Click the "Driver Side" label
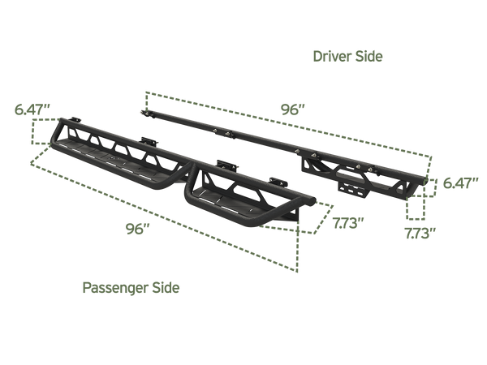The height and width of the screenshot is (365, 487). tap(347, 56)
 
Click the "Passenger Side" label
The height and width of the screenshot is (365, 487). tap(131, 287)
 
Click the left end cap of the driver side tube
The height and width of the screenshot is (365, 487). tap(143, 109)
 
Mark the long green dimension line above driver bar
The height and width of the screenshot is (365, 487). tap(284, 118)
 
